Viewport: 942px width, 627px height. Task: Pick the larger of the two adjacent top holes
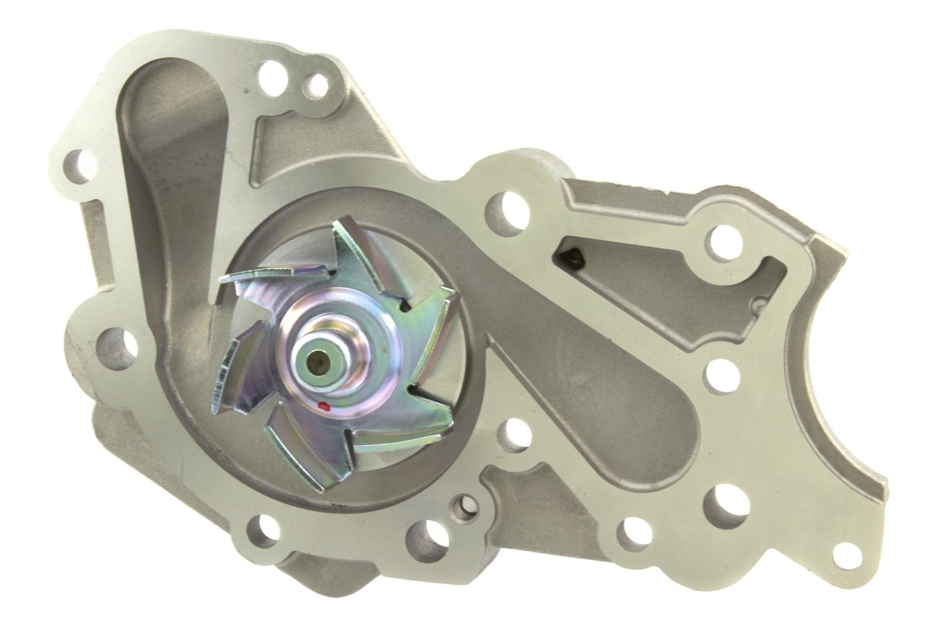coord(272,70)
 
